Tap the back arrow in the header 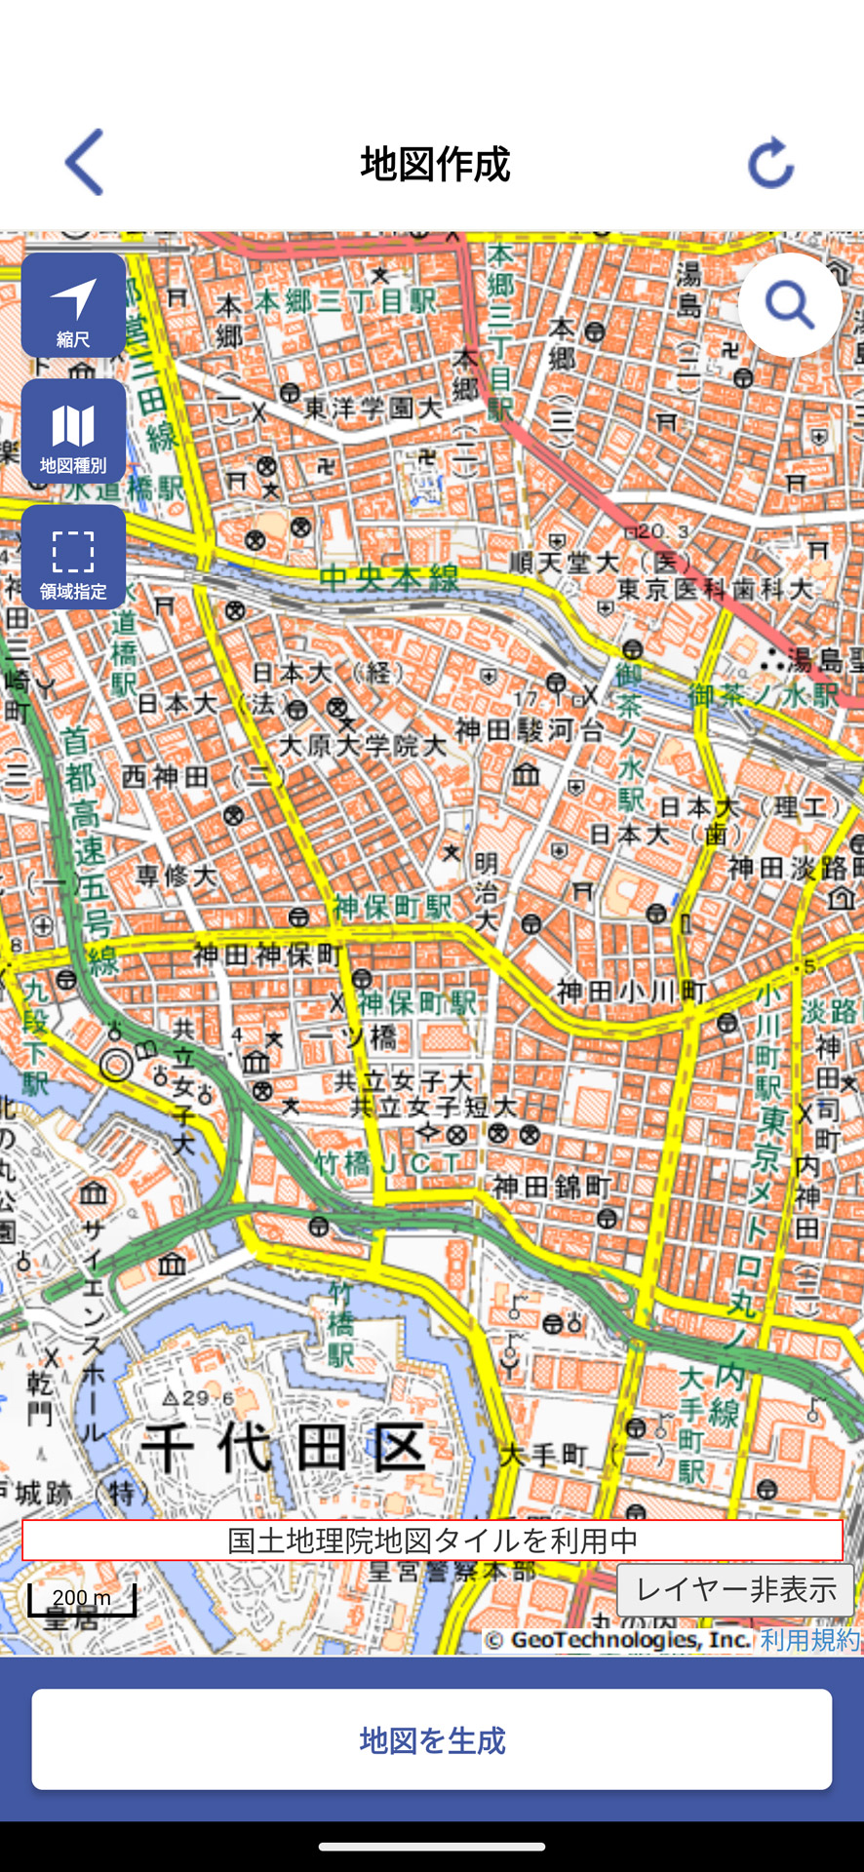coord(85,163)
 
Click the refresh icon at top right coord(770,163)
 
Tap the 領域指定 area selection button coord(73,558)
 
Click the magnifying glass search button coord(790,305)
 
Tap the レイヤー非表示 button coord(735,1590)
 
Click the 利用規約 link coord(809,1640)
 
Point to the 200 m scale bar coord(81,1599)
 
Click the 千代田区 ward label coord(284,1447)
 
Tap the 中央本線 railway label coord(388,577)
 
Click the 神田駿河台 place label coord(530,730)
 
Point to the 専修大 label coord(176,876)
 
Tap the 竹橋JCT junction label coord(387,1162)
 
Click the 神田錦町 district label coord(552,1187)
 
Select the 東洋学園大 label coord(373,409)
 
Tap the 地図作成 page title coord(435,164)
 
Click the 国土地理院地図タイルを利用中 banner coord(432,1540)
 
